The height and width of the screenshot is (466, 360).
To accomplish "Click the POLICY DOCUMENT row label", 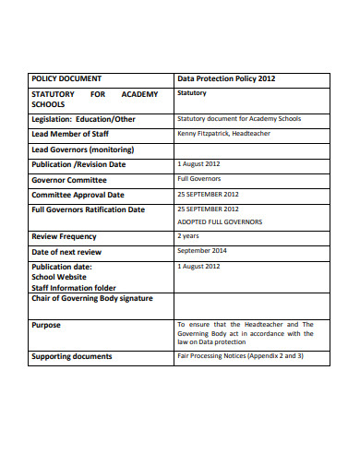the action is click(66, 79).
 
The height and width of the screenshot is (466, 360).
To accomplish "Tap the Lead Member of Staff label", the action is click(77, 134).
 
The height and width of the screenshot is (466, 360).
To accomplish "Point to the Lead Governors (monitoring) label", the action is click(83, 149).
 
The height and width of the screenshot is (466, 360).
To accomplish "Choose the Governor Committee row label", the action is click(69, 180).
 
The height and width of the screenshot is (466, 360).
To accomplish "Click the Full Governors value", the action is click(198, 179).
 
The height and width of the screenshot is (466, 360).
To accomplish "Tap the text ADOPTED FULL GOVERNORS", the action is click(220, 222).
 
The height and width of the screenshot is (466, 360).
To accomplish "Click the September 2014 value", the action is click(202, 251).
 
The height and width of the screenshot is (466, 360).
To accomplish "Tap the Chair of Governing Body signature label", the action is click(92, 298).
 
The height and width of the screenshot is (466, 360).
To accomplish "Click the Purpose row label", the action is click(46, 325).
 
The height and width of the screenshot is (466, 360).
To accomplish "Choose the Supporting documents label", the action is click(72, 356).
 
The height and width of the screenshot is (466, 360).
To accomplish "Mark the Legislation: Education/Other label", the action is click(83, 119).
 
